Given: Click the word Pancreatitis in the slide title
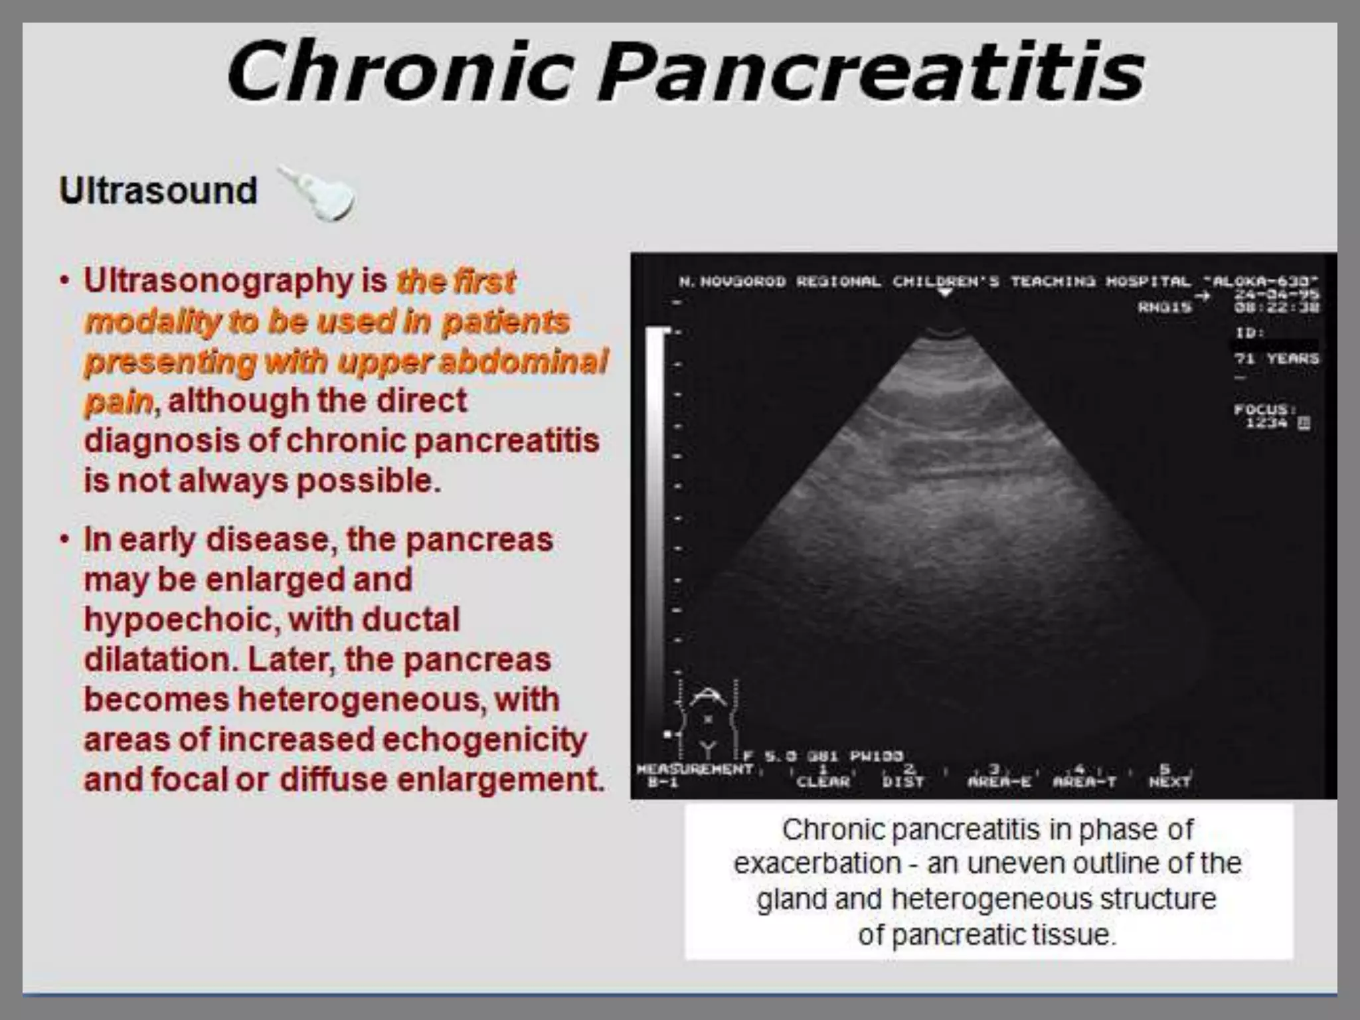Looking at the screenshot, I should (x=871, y=72).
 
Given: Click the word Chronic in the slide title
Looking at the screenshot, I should (x=400, y=72).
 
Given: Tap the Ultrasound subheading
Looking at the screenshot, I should (x=158, y=191).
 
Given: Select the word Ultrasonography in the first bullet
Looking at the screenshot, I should (x=218, y=281).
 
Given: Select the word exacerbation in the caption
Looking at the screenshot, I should (x=817, y=864).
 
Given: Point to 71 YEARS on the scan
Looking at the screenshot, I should (x=1276, y=359).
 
